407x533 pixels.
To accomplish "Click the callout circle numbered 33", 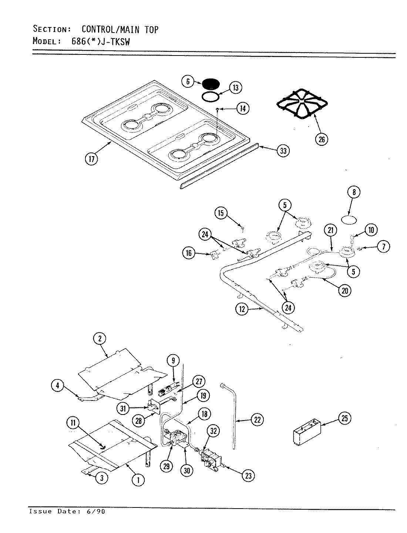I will tap(283, 151).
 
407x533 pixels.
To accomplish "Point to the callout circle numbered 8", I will tap(354, 192).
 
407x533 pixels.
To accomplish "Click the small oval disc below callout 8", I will tap(349, 220).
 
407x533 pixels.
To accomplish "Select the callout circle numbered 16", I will tap(189, 253).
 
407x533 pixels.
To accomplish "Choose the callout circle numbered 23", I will tap(248, 476).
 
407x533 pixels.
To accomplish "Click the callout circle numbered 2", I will tap(100, 338).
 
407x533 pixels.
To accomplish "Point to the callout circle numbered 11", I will tap(73, 422).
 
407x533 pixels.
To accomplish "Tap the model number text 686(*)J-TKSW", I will tap(100, 41).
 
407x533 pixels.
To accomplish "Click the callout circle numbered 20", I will tap(344, 291).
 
